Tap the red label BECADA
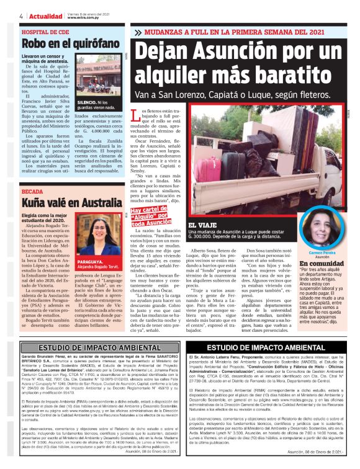point(32,192)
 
